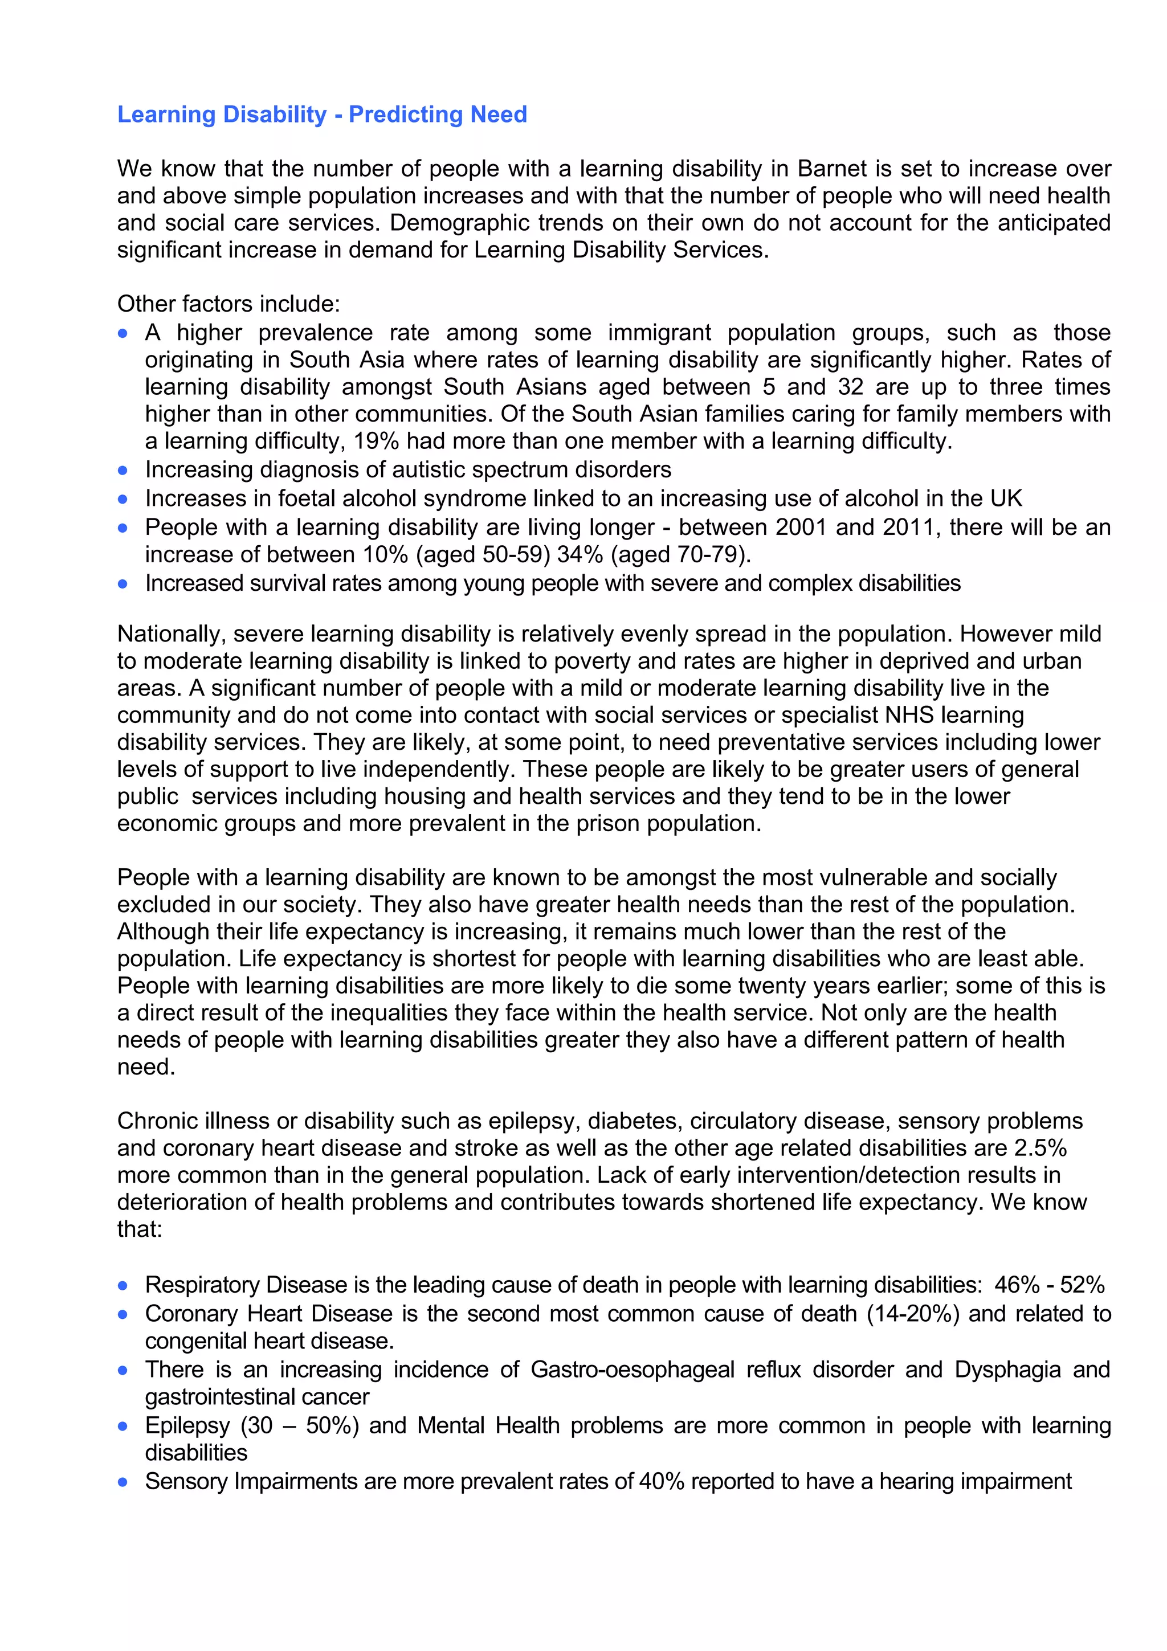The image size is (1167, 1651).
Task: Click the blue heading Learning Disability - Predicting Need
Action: [321, 115]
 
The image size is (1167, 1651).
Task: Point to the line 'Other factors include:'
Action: [228, 304]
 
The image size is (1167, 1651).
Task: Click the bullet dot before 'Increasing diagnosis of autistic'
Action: [123, 470]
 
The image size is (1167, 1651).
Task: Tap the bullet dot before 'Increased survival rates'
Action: [123, 584]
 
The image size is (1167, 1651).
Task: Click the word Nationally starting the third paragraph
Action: [171, 634]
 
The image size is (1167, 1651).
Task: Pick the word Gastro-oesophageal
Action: [632, 1370]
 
